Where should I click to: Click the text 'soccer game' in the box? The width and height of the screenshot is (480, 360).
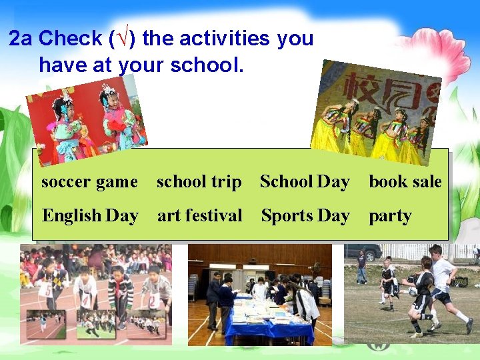tap(89, 181)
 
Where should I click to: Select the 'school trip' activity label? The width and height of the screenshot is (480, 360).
tap(199, 181)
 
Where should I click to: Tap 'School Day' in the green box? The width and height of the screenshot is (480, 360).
tap(305, 181)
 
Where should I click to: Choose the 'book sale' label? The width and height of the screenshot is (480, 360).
tap(405, 181)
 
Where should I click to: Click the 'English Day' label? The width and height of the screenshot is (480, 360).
tap(90, 216)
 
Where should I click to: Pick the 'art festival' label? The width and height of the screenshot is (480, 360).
tap(199, 216)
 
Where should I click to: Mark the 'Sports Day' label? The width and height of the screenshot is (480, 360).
tap(305, 216)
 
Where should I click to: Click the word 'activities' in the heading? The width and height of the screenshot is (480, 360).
tap(207, 39)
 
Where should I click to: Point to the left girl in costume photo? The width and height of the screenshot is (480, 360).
tap(65, 127)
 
